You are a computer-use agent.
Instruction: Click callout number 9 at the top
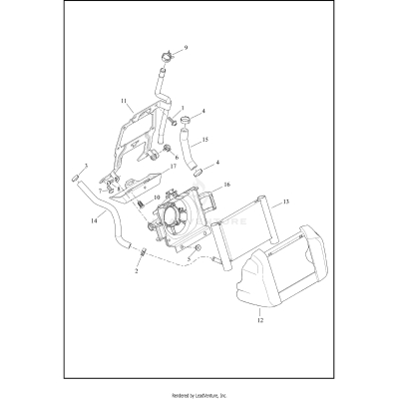pyautogui.click(x=185, y=48)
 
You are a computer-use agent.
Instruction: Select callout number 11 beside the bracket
pyautogui.click(x=124, y=102)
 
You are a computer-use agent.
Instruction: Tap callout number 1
pyautogui.click(x=182, y=109)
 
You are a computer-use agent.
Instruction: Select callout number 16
pyautogui.click(x=227, y=185)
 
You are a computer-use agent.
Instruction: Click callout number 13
pyautogui.click(x=286, y=202)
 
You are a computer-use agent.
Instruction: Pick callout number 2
pyautogui.click(x=137, y=269)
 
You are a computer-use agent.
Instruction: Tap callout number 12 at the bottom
pyautogui.click(x=258, y=321)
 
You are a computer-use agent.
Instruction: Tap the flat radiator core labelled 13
pyautogui.click(x=249, y=239)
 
